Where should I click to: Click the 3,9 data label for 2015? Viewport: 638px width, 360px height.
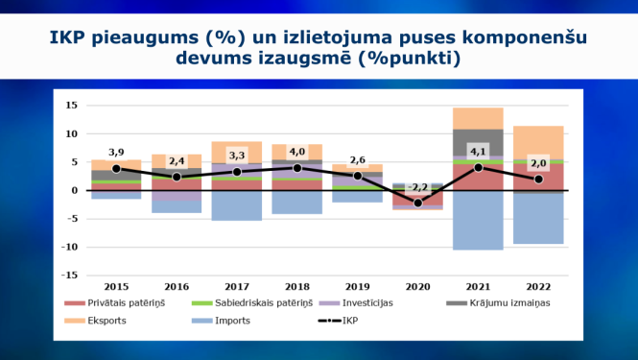tap(116, 153)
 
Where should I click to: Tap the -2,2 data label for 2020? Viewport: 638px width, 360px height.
tap(417, 187)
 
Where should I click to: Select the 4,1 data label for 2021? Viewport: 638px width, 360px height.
tap(478, 151)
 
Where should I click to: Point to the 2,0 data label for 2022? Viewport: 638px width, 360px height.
tap(538, 163)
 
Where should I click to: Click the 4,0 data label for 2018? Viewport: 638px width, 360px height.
tap(297, 151)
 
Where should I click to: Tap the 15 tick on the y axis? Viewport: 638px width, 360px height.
tap(71, 106)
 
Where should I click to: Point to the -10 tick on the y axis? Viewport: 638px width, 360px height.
tap(68, 247)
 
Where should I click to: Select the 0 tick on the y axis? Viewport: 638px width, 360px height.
tap(74, 190)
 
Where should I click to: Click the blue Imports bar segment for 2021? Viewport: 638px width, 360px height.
tap(478, 221)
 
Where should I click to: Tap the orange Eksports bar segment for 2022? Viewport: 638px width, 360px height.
tap(538, 142)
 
